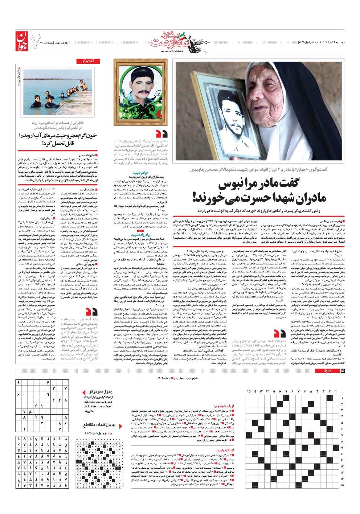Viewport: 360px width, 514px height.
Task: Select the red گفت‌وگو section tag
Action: (x=85, y=61)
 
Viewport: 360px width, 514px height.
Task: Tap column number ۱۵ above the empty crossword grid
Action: (x=249, y=391)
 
